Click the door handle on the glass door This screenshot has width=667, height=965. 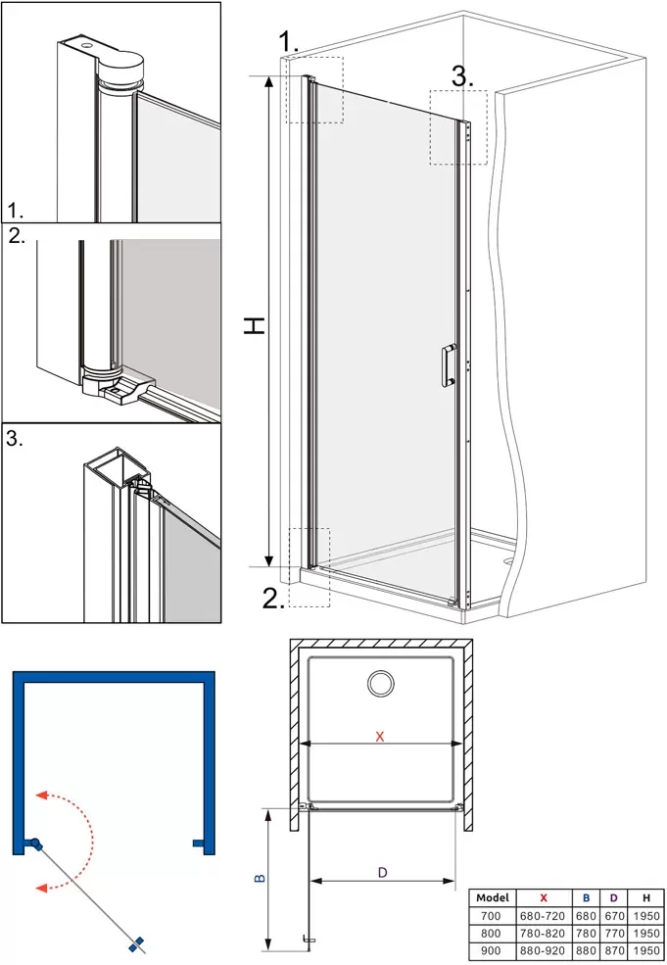[449, 365]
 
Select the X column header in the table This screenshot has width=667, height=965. [543, 898]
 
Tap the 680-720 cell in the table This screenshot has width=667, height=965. [543, 916]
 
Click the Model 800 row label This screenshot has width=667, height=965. [491, 933]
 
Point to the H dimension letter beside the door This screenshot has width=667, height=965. [254, 325]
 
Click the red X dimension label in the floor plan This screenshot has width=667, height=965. [380, 736]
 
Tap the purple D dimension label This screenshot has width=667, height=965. [382, 872]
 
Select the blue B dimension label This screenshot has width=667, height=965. [260, 878]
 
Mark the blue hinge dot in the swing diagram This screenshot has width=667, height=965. [35, 844]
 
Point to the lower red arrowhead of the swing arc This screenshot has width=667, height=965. [42, 888]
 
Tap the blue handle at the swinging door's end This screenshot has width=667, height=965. [136, 942]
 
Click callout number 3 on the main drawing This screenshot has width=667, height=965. [462, 77]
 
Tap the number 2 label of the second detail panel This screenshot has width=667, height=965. [18, 236]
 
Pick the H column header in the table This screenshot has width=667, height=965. [646, 898]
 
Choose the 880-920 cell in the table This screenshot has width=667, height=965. [543, 951]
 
